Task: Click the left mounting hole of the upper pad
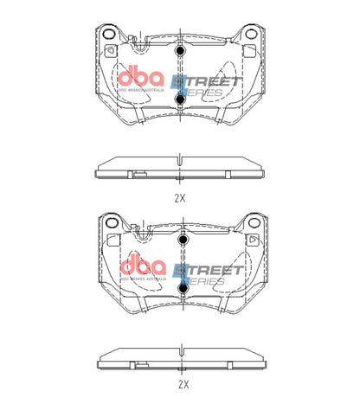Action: (x=110, y=34)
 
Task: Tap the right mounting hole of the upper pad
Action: (x=250, y=34)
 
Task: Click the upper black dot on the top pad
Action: (x=180, y=54)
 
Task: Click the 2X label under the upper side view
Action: (x=180, y=197)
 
